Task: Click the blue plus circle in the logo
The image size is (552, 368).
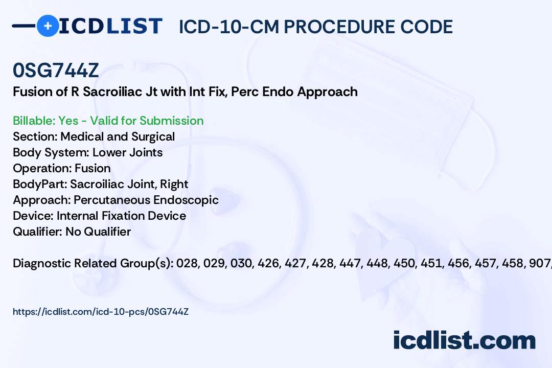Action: click(x=48, y=26)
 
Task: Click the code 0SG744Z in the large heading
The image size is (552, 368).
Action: click(x=56, y=71)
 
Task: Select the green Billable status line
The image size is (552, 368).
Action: click(x=108, y=121)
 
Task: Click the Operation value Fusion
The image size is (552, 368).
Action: click(x=93, y=168)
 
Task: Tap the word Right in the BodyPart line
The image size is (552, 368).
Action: click(x=174, y=184)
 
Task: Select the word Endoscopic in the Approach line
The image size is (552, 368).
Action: click(x=186, y=200)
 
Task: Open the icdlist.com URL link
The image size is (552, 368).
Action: click(x=101, y=312)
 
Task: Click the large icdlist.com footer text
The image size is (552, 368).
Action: click(x=464, y=340)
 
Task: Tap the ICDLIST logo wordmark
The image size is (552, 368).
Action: click(x=110, y=26)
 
